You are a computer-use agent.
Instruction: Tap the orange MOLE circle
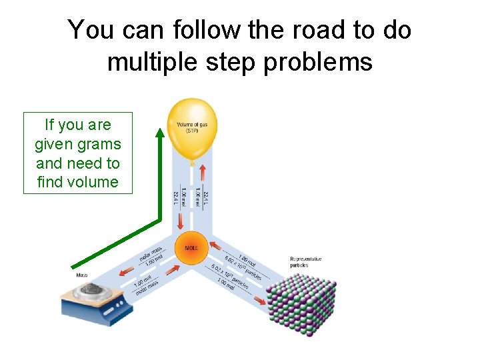pos(191,247)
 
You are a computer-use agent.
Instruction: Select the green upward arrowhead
pos(160,133)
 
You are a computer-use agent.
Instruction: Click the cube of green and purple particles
pos(300,300)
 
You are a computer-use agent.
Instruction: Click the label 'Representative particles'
pos(305,261)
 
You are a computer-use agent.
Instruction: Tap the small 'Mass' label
pos(81,275)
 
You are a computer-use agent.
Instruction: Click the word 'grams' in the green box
pos(99,144)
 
